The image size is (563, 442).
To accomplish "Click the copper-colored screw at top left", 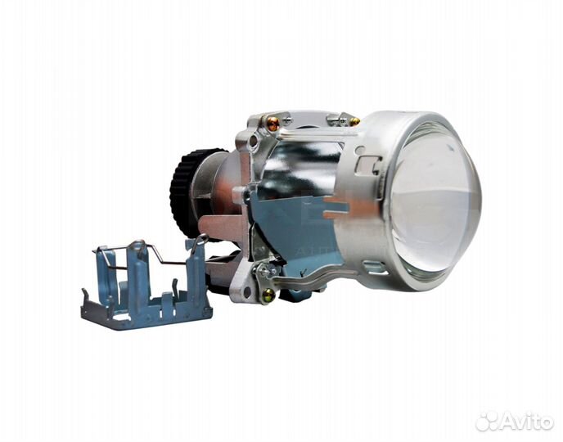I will point(272,124).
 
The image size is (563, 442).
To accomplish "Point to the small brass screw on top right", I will point(354,121).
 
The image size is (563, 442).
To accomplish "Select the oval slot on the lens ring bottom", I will point(374,267).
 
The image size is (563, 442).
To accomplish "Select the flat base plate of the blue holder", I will point(147,315).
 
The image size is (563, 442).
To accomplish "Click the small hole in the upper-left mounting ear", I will point(254,140).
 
